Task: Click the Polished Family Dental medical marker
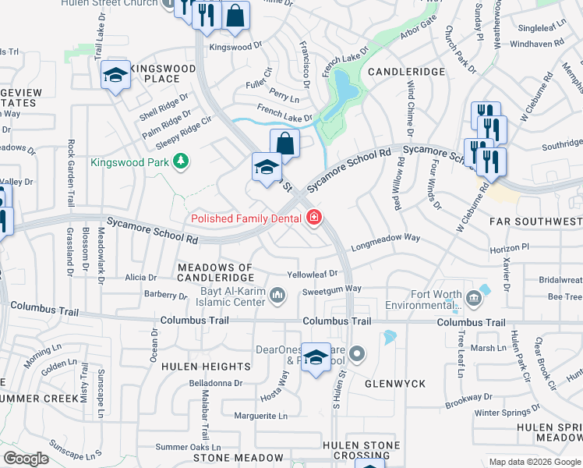pos(313,218)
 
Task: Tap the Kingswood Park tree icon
pos(181,161)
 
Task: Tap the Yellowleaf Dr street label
pos(312,274)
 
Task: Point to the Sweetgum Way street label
pos(332,289)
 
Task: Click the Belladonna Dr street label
pos(217,383)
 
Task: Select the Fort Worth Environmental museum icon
pos(474,298)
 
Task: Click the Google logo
pos(26,459)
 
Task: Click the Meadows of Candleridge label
pos(216,272)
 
